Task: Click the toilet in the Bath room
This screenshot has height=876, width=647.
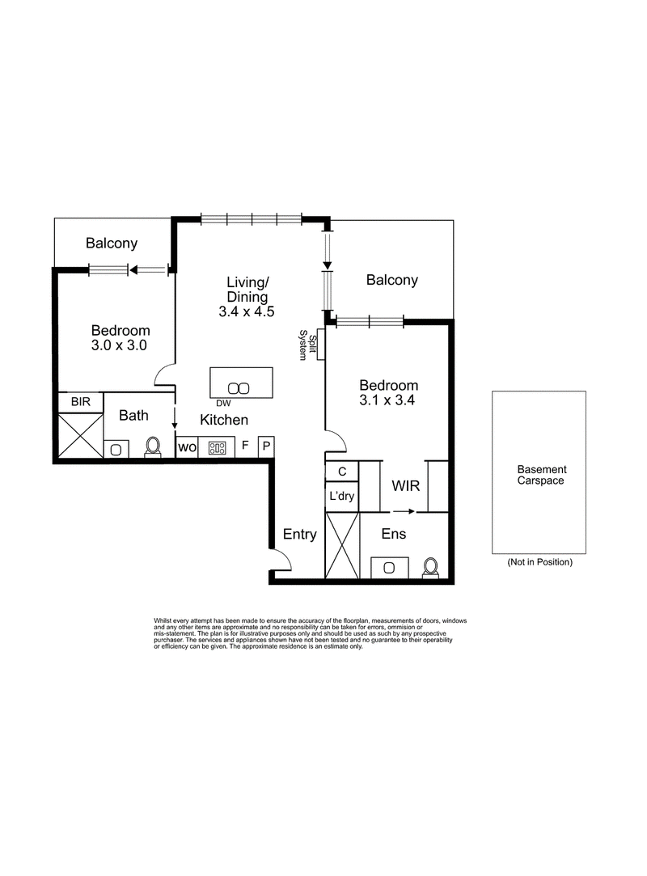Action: (x=153, y=447)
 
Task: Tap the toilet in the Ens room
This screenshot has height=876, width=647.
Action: (x=430, y=568)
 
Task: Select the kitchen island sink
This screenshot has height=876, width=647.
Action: (x=239, y=388)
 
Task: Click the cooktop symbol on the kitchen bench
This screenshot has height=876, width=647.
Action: (x=217, y=447)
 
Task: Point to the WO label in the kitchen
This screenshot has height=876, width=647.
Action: (x=187, y=447)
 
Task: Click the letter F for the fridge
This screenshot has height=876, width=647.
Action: (x=245, y=445)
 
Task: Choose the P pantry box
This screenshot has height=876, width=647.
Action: (x=267, y=447)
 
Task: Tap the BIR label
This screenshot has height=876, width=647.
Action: (x=80, y=402)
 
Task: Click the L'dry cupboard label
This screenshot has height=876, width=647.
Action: (x=341, y=496)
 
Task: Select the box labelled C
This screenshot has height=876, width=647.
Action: (x=342, y=472)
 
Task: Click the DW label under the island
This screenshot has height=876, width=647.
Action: (x=223, y=404)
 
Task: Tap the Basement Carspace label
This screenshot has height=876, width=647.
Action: (x=541, y=475)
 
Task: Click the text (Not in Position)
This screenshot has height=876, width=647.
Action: (x=539, y=562)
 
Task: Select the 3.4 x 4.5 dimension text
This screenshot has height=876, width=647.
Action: (x=247, y=311)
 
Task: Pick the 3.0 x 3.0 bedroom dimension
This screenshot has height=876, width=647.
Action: (x=119, y=345)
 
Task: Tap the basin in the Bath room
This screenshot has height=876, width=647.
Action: (x=116, y=449)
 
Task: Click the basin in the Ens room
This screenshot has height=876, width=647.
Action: (x=390, y=568)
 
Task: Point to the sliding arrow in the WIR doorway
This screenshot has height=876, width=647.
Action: (x=404, y=511)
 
